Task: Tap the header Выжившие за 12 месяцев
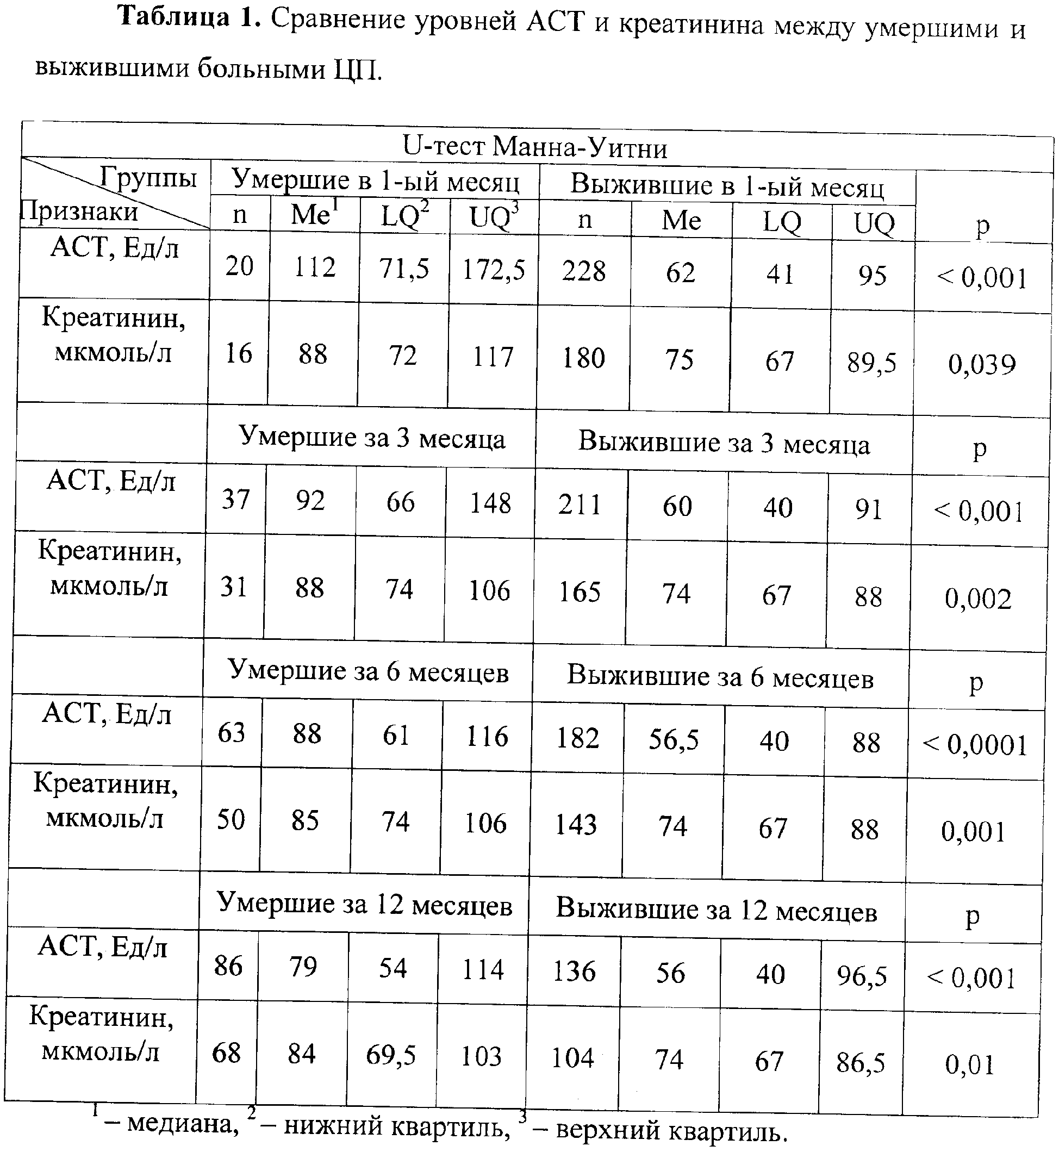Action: [717, 910]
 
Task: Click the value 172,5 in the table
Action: [494, 269]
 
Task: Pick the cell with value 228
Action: [583, 271]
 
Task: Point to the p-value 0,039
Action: [982, 364]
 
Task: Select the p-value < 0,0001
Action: [974, 745]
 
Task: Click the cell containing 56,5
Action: [674, 740]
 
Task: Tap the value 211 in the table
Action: [580, 506]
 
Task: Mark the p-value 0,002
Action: [978, 599]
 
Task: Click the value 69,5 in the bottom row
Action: [391, 1055]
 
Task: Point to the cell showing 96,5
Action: [861, 976]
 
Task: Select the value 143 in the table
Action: [576, 825]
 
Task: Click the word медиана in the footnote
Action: [182, 1124]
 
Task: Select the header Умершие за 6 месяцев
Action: [368, 671]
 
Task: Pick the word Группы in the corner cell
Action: [148, 177]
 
